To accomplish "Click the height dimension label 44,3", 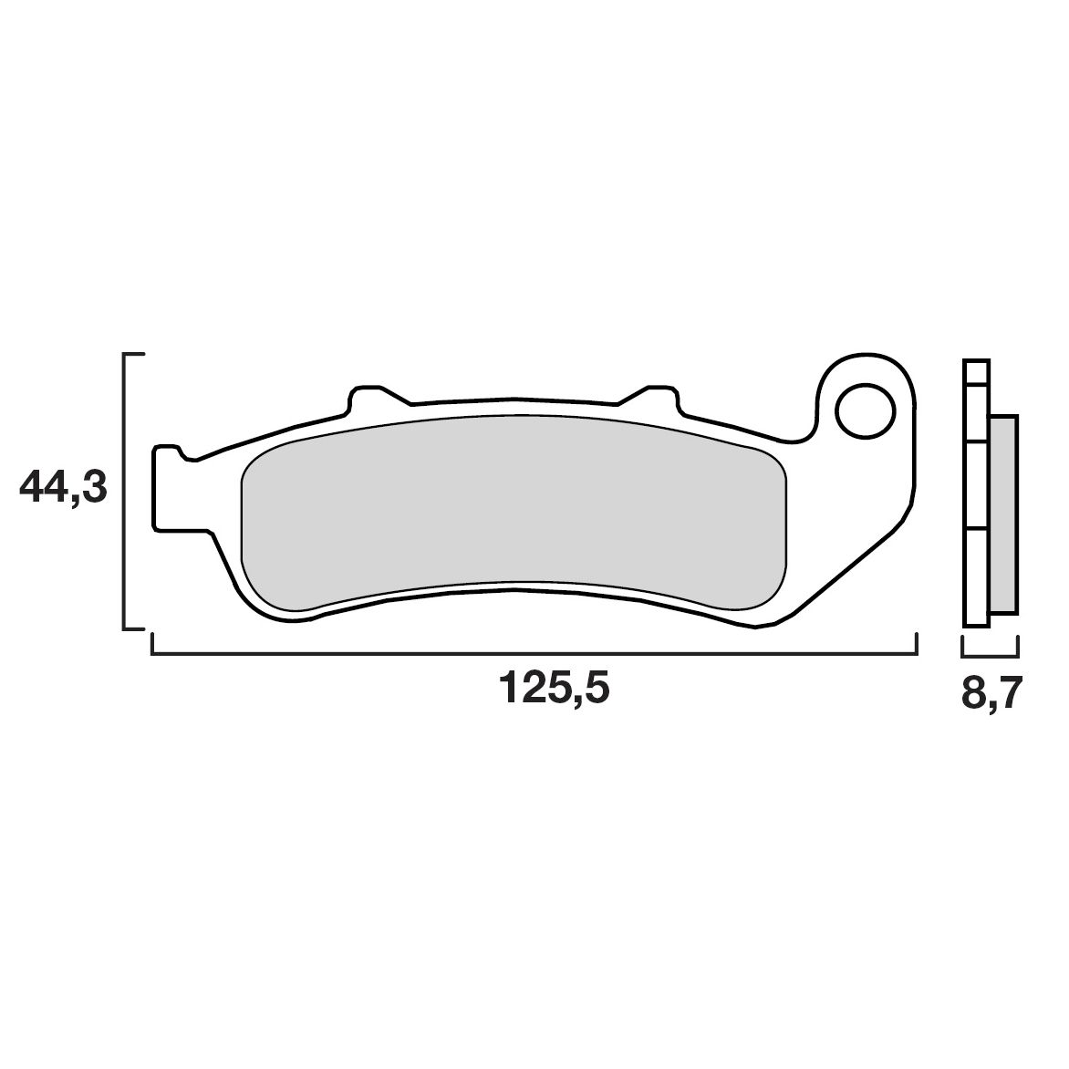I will (63, 490).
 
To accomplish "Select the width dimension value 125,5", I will (553, 690).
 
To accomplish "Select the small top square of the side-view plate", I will (975, 372).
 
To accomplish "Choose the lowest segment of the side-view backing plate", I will (975, 576).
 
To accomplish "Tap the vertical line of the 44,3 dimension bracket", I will (124, 490).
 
